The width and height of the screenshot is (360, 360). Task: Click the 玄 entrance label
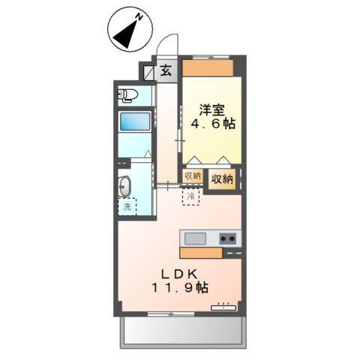[x=165, y=72]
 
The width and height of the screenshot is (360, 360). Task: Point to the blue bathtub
[x=135, y=122]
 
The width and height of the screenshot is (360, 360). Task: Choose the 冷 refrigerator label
[x=190, y=196]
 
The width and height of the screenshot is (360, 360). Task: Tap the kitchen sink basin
[x=196, y=238]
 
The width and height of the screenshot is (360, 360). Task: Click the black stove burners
[x=228, y=238]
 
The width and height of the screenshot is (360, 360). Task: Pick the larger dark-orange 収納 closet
[x=222, y=179]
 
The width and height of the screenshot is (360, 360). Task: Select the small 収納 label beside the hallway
[x=192, y=176]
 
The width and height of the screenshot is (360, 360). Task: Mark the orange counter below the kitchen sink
[x=200, y=253]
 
